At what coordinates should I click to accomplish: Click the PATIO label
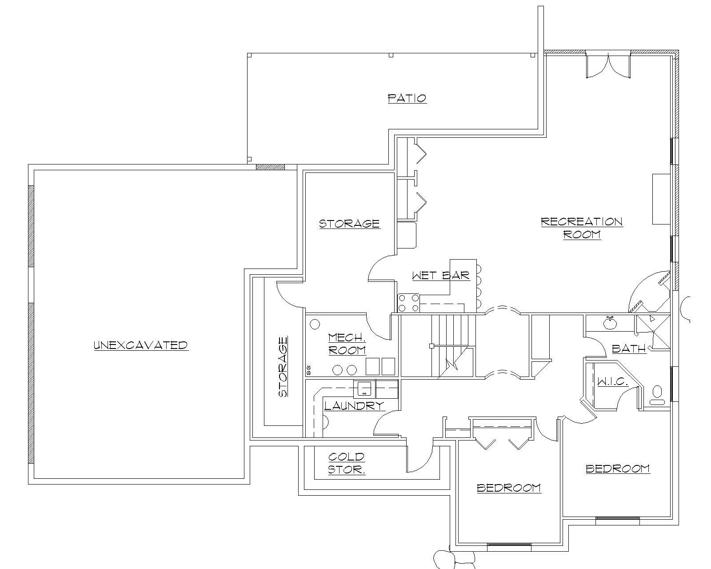(x=407, y=98)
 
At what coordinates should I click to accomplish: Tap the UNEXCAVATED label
(x=140, y=345)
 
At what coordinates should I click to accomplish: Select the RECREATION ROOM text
(x=582, y=228)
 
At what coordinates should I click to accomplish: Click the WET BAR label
(x=440, y=276)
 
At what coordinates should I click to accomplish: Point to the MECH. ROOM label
(x=347, y=344)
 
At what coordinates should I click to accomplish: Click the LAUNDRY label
(x=354, y=405)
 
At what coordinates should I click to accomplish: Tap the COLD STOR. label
(x=347, y=463)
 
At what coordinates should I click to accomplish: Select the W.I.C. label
(x=612, y=382)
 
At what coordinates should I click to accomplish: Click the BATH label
(x=629, y=349)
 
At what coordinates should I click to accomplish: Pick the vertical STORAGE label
(x=283, y=367)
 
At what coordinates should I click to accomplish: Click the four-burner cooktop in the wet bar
(x=408, y=303)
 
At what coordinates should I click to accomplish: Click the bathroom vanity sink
(x=610, y=322)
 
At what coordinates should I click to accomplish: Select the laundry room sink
(x=364, y=389)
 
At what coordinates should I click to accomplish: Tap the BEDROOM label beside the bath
(x=617, y=469)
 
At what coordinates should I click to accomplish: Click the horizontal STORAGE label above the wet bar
(x=349, y=223)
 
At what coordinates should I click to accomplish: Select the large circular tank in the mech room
(x=315, y=324)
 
